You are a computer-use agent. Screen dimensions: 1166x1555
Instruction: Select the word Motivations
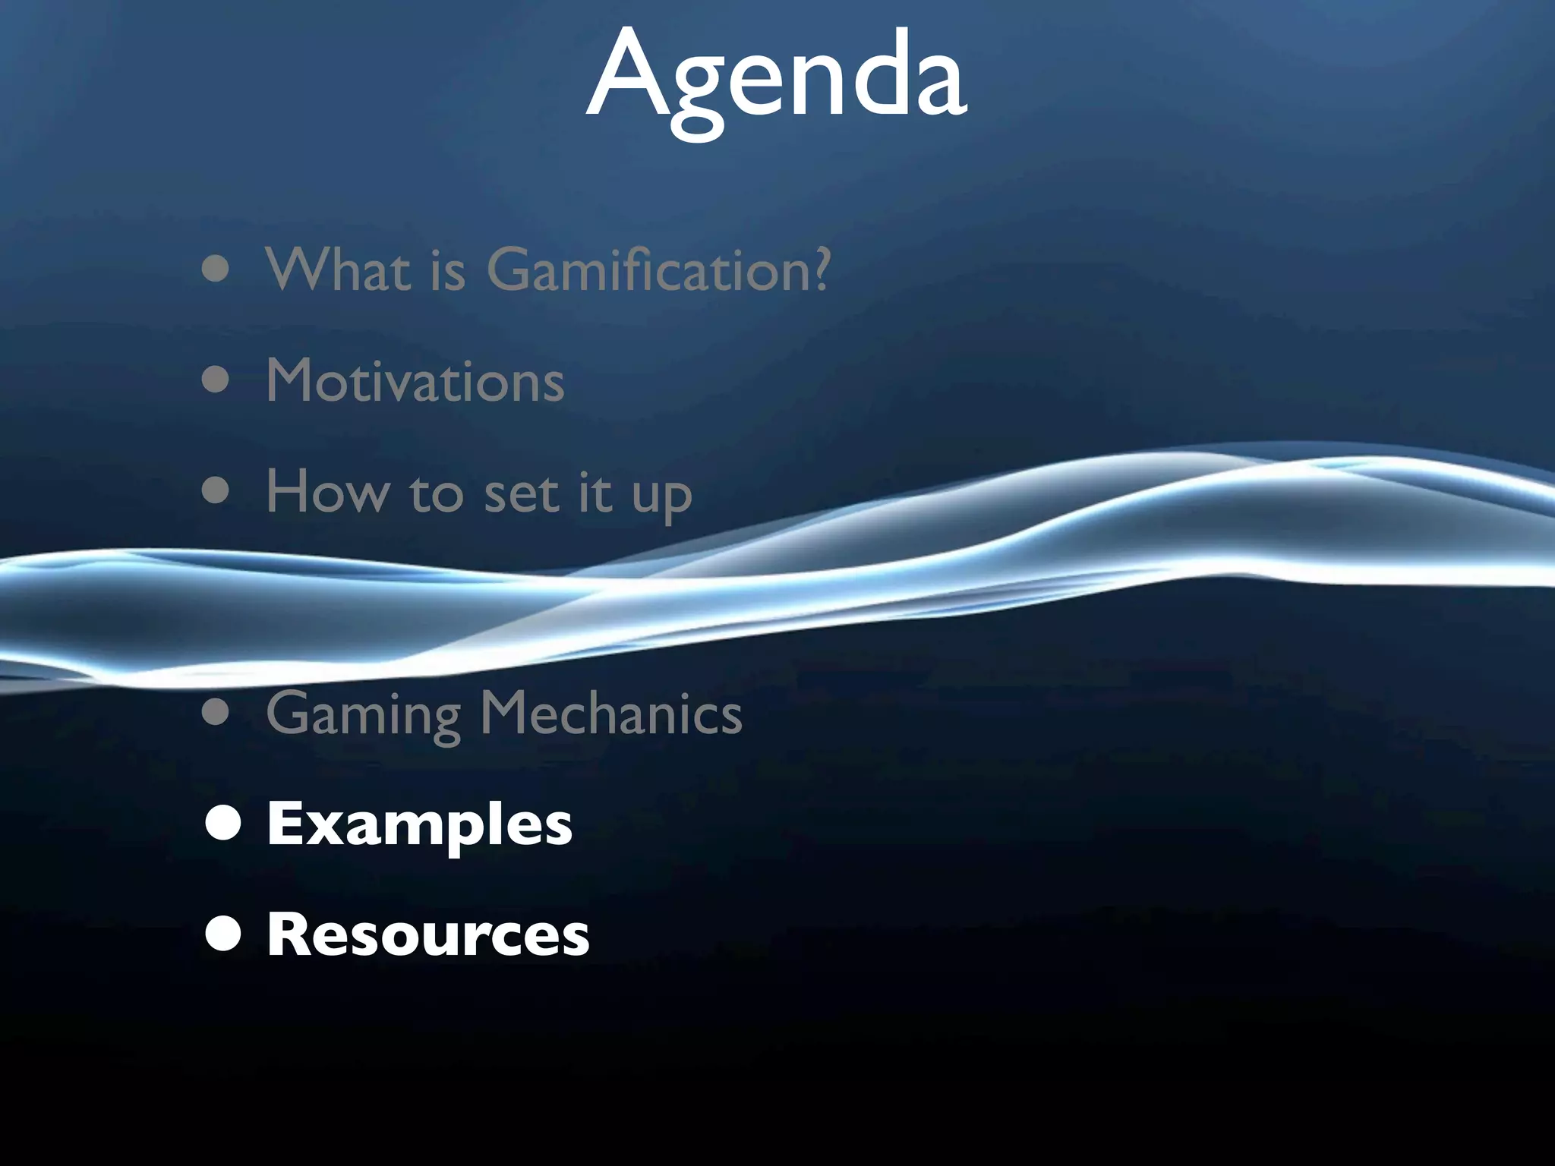[415, 380]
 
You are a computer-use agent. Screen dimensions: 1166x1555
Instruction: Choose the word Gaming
[364, 714]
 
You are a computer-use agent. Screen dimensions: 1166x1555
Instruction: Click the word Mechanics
[611, 714]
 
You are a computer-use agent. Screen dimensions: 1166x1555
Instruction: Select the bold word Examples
[420, 824]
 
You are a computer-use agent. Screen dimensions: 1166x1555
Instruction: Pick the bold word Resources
[428, 934]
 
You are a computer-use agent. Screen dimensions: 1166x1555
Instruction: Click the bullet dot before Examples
[223, 824]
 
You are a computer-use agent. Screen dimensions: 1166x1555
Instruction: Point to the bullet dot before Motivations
[216, 380]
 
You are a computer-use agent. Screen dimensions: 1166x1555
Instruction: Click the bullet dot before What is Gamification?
[216, 270]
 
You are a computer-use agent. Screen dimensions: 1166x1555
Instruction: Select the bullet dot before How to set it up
[216, 491]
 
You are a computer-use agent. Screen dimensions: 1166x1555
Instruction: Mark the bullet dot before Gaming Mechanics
[216, 714]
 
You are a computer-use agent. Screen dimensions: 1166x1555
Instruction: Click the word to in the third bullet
[436, 493]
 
